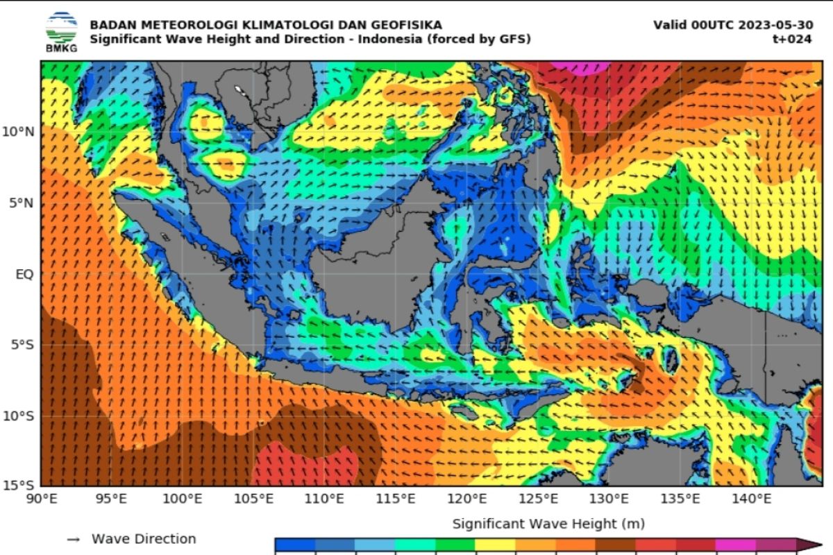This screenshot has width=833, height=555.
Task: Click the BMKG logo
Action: [x=62, y=31]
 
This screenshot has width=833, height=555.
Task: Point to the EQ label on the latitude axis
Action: [x=24, y=274]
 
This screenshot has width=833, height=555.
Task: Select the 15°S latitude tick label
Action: [x=19, y=485]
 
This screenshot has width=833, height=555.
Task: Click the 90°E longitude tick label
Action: [x=41, y=498]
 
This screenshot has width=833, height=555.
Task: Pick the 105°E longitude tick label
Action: [x=254, y=498]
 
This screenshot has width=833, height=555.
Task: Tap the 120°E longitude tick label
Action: [x=468, y=498]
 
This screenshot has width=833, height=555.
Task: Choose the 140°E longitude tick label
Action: [x=753, y=498]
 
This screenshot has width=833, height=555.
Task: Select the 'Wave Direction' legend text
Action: [x=144, y=539]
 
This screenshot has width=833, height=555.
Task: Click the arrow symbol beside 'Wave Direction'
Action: [x=74, y=539]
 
